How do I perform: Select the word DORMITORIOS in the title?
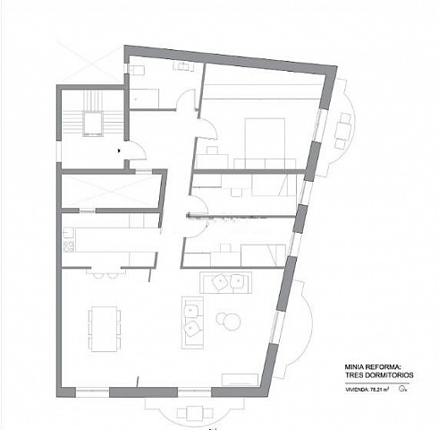(384, 374)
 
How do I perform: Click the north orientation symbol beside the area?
(403, 390)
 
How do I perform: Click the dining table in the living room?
(105, 329)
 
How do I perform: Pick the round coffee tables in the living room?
(229, 318)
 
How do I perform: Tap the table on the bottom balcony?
(190, 412)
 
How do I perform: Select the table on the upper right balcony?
(342, 130)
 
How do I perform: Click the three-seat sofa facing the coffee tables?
(192, 321)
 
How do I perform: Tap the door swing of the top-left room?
(185, 101)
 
